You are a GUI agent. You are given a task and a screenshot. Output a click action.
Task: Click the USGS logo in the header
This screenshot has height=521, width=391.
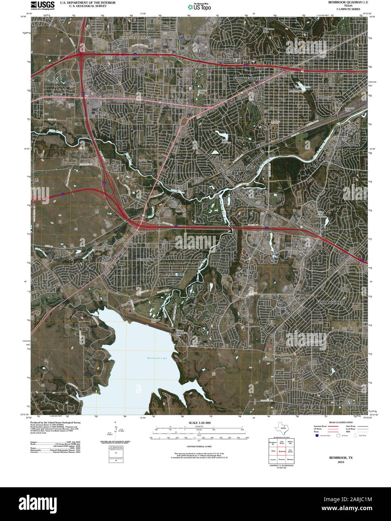[42, 5]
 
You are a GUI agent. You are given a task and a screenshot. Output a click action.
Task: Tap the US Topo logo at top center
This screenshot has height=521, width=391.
[199, 6]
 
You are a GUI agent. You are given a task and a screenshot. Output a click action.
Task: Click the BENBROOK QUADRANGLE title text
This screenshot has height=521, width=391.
[343, 3]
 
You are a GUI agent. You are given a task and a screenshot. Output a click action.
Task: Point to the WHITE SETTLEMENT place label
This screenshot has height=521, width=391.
[135, 38]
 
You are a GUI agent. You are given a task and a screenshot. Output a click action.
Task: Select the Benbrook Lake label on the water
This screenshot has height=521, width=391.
[156, 358]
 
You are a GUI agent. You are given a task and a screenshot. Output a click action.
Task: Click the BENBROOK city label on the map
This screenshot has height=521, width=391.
[146, 259]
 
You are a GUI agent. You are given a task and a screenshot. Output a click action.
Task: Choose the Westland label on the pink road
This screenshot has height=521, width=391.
[50, 102]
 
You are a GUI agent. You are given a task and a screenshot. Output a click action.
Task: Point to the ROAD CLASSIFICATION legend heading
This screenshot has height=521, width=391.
[341, 422]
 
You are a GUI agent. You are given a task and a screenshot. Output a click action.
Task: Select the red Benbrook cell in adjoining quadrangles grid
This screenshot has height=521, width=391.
[282, 451]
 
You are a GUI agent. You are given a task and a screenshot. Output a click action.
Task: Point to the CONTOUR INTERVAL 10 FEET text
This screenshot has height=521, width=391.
[199, 446]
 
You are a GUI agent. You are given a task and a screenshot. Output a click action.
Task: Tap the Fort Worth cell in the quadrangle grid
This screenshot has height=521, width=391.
[290, 451]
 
